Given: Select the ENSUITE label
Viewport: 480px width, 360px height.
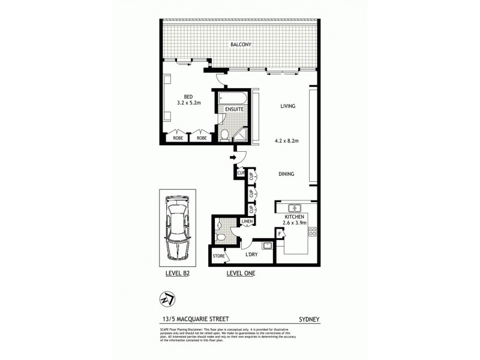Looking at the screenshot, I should click(x=234, y=110).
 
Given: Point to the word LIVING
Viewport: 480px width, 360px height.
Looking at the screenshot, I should click(x=289, y=107).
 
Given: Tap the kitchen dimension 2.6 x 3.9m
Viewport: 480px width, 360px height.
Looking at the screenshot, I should click(x=295, y=223).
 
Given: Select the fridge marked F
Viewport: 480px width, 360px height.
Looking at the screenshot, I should click(x=278, y=233).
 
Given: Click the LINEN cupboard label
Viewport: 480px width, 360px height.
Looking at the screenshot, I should click(x=247, y=223).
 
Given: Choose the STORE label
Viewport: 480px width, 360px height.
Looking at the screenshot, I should click(x=219, y=257).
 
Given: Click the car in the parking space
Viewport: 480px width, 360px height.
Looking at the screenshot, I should click(x=178, y=228).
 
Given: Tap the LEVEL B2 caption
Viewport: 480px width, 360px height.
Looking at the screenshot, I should click(x=178, y=274).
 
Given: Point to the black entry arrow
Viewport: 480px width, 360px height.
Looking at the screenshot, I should click(x=233, y=158).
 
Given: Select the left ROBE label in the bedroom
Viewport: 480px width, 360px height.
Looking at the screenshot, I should click(x=178, y=137).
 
